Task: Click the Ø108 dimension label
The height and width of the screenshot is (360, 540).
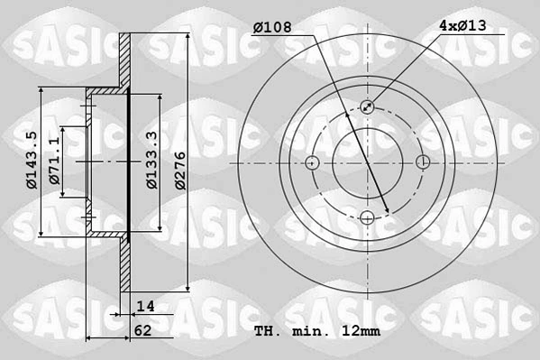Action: point(272,26)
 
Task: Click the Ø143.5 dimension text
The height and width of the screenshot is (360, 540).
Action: point(32,161)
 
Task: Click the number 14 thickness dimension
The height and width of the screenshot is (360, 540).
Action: point(147,307)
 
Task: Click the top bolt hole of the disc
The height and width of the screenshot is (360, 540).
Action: point(368,106)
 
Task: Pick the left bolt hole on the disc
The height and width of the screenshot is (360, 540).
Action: point(312,162)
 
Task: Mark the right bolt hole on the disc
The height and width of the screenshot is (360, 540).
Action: point(424,162)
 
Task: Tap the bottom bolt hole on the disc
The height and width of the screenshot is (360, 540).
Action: point(368,218)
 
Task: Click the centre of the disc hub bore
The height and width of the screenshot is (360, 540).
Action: point(368,162)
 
